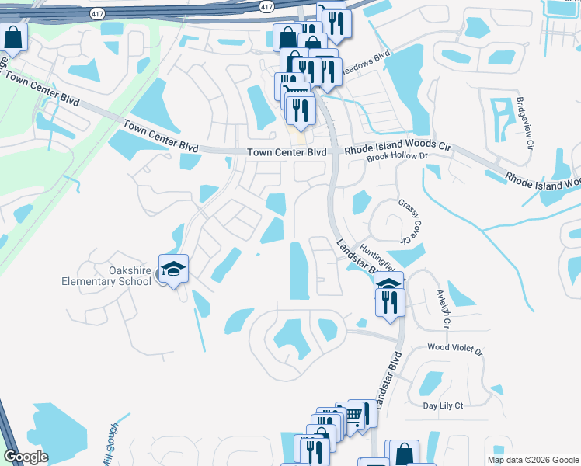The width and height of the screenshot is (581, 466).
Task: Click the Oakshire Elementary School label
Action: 107,275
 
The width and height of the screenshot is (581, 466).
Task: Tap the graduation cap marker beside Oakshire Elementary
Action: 174,269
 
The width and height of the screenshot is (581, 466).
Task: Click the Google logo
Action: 26,457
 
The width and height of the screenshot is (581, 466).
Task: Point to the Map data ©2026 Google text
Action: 532,460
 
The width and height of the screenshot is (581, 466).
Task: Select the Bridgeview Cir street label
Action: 526,123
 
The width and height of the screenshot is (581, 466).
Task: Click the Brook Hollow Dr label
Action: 397,156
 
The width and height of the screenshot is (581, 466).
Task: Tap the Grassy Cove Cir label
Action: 409,219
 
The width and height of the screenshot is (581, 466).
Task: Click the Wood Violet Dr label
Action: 454,350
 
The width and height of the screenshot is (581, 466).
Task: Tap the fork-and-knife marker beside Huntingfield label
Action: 390,301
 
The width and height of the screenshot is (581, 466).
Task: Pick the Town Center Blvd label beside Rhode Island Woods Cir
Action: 287,152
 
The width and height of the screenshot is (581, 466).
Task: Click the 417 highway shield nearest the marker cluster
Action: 267,6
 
